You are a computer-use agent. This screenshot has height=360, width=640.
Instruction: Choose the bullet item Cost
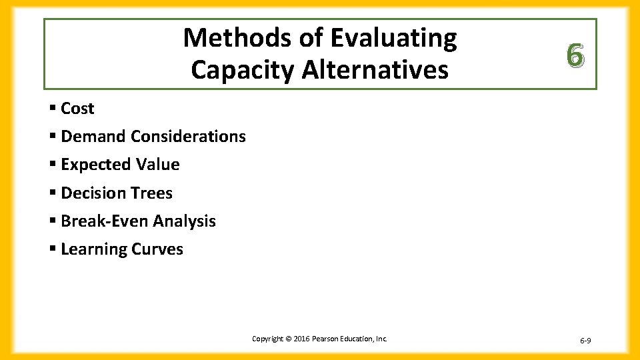(x=77, y=109)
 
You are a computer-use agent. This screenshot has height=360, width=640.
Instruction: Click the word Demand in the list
(x=93, y=137)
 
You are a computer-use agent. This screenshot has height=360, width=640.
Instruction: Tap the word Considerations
(x=189, y=137)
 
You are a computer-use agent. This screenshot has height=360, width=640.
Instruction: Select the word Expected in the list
(x=96, y=165)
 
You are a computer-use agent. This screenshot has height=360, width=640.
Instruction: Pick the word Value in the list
(x=158, y=165)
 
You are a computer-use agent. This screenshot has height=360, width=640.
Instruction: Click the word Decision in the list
(x=94, y=193)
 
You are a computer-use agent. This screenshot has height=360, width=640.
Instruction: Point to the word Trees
(x=152, y=193)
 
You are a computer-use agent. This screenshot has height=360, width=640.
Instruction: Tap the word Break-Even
(x=105, y=221)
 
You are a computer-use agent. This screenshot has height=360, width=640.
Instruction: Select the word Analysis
(x=185, y=221)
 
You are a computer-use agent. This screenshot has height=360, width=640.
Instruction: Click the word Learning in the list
(x=93, y=249)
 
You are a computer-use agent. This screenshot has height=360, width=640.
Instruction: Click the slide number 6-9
(x=585, y=341)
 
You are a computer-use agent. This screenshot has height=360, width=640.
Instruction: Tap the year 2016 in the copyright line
(x=299, y=339)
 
